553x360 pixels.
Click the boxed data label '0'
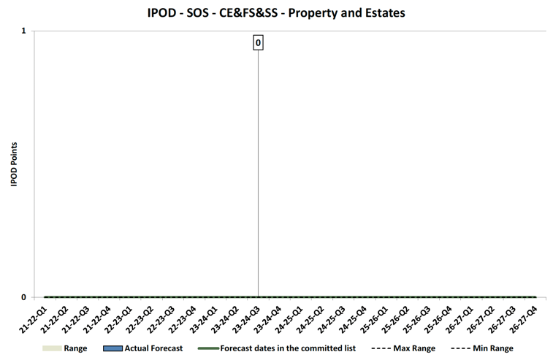point(258,43)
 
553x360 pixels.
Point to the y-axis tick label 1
point(23,31)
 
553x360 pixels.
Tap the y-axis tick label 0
point(23,297)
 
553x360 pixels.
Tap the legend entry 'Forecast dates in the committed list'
point(287,348)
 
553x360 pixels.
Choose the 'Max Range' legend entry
point(413,348)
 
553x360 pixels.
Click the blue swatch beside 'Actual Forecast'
point(112,348)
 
